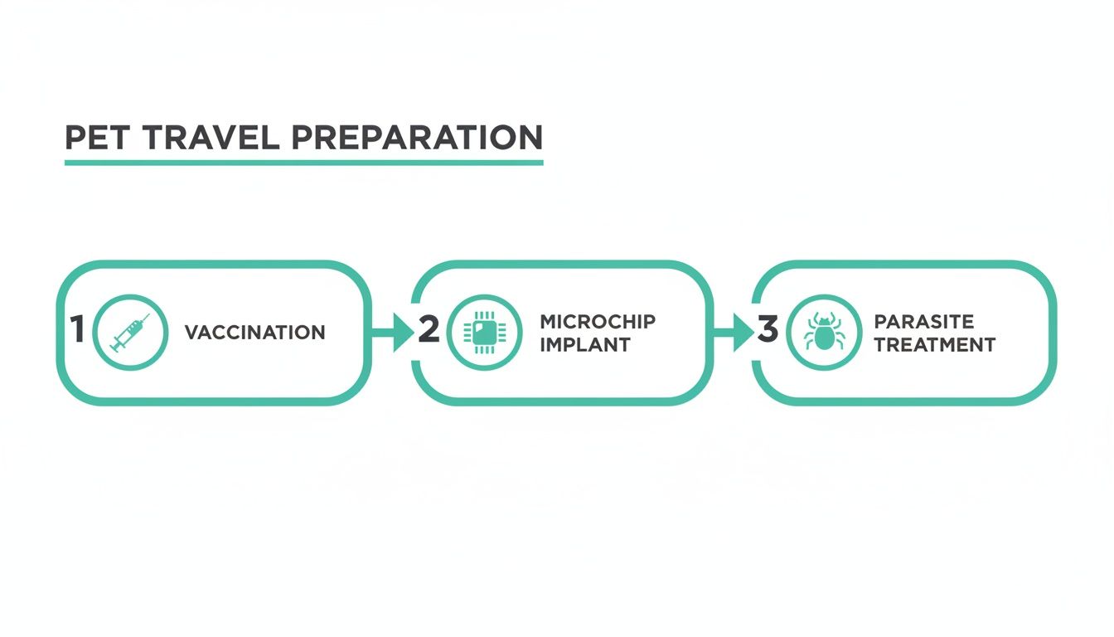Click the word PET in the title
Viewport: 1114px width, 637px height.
(x=96, y=137)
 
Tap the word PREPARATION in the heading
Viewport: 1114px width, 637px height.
(x=417, y=137)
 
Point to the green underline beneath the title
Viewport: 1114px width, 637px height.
(x=303, y=162)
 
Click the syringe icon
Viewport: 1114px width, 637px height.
(x=130, y=333)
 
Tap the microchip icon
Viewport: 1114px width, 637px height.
(x=484, y=333)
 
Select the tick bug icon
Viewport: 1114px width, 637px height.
(x=823, y=333)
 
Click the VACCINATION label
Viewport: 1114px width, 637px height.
(x=254, y=333)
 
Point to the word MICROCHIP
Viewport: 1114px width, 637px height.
(x=597, y=322)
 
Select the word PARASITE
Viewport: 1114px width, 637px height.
(x=923, y=322)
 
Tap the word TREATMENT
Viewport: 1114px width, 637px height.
(x=934, y=344)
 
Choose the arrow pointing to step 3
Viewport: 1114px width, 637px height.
(x=734, y=333)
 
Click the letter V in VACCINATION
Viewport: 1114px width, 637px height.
(x=191, y=333)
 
